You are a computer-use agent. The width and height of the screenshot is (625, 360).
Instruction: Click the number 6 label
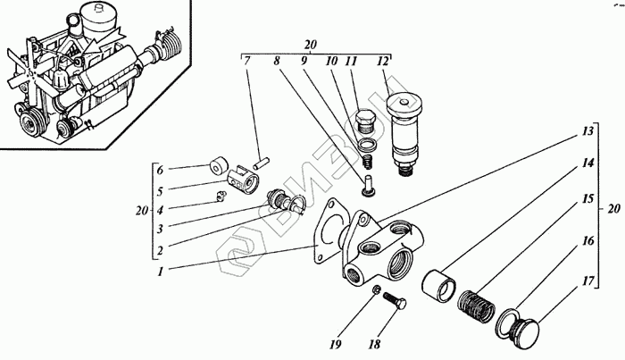[x=161, y=169]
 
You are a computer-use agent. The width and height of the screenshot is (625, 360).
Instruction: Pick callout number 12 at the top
[x=384, y=62]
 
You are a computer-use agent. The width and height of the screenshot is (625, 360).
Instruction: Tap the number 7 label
[x=247, y=62]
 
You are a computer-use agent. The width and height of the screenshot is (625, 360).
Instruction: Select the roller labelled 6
[x=217, y=167]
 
